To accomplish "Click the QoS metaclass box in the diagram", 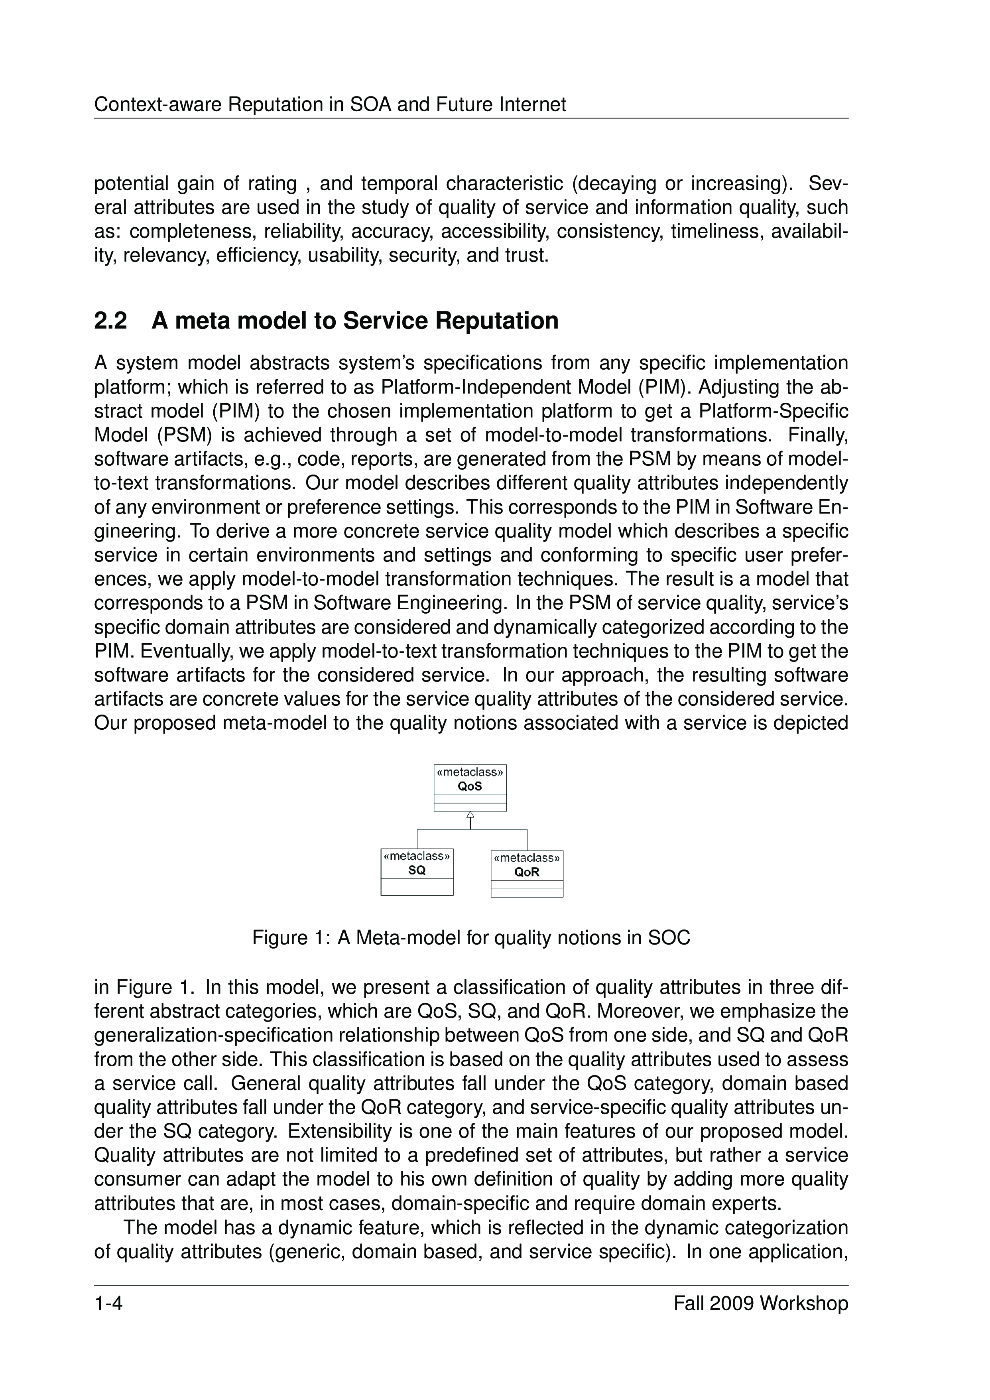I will click(470, 788).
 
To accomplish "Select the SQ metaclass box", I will click(417, 872).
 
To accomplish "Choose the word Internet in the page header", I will click(532, 105).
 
